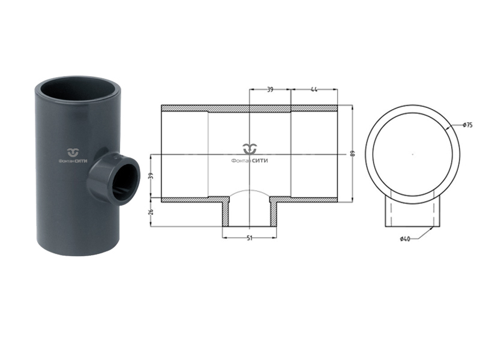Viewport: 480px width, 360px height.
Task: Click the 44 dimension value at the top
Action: click(314, 89)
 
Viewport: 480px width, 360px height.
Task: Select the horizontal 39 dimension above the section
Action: click(270, 89)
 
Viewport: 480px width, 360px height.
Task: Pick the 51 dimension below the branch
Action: click(249, 238)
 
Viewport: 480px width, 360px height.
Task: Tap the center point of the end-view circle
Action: click(413, 154)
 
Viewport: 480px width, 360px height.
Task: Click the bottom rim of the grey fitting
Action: click(78, 252)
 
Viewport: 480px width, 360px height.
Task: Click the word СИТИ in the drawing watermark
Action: click(259, 160)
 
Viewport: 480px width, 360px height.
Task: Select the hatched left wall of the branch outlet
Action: click(226, 214)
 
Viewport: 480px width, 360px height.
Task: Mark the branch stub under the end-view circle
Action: click(413, 213)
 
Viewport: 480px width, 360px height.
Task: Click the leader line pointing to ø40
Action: click(423, 234)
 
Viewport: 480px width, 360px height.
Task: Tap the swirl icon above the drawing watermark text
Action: click(249, 149)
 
